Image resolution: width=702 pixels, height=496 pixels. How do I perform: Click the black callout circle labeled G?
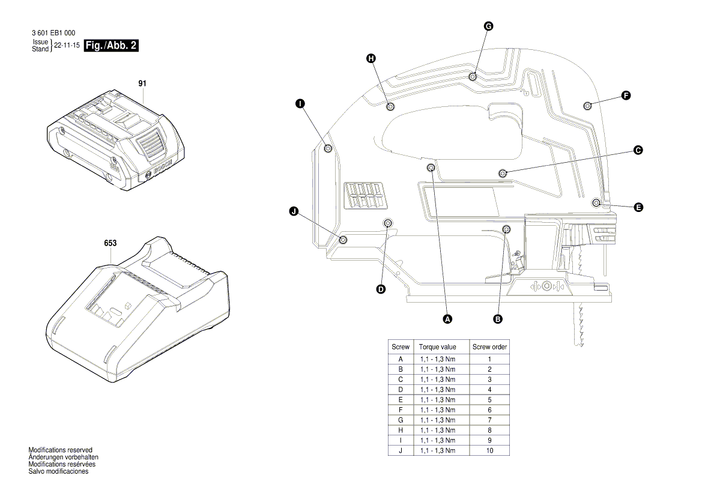(x=488, y=26)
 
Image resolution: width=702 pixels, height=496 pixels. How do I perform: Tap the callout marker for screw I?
(x=300, y=104)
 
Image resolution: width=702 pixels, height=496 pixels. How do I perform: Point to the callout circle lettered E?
(x=638, y=207)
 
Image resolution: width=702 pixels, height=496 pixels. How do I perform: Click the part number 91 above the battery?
(x=142, y=83)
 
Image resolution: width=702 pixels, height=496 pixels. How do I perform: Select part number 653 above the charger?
(x=110, y=243)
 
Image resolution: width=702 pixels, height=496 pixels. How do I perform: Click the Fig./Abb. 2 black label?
(x=112, y=46)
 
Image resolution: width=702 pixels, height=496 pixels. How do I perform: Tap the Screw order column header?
(x=489, y=347)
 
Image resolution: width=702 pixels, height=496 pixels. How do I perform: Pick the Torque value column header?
(x=437, y=347)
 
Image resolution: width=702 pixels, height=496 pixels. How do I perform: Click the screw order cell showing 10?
(x=489, y=450)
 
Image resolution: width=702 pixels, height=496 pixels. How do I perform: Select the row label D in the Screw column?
(x=400, y=390)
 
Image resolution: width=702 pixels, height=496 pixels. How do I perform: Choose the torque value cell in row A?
(x=437, y=359)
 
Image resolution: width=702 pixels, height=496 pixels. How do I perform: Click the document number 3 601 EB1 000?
(x=53, y=33)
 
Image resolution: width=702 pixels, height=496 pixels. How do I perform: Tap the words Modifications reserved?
(x=60, y=450)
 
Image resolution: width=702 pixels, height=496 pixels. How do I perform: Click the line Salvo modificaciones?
(x=58, y=471)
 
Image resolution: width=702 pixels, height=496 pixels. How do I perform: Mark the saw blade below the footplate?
(x=581, y=324)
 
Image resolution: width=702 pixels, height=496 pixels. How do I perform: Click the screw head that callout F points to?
(x=587, y=106)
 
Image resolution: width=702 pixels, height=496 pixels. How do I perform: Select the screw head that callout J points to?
(x=343, y=240)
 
